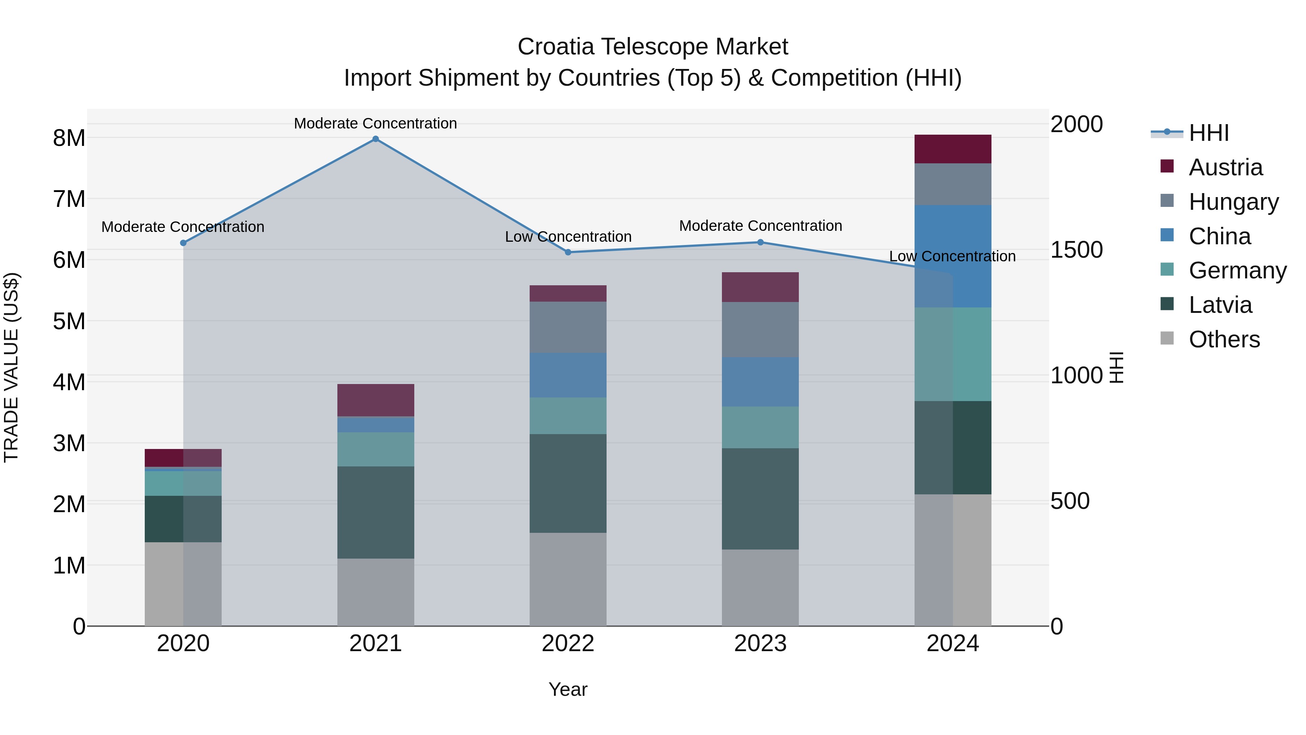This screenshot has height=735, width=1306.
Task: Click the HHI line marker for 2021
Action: [x=376, y=139]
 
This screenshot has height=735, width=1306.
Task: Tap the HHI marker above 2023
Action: [x=760, y=242]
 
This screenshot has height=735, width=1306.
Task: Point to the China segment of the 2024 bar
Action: [x=953, y=256]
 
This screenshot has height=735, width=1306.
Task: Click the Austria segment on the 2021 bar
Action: [x=376, y=400]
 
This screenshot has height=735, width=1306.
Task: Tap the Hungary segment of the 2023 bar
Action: [x=760, y=329]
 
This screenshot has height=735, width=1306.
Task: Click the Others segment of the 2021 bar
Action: [x=376, y=592]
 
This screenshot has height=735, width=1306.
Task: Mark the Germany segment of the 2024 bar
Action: [x=953, y=354]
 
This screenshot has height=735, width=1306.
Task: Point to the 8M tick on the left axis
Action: [x=69, y=138]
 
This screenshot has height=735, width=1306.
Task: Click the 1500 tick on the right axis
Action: [x=1076, y=250]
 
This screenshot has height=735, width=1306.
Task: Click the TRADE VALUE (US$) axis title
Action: [x=11, y=367]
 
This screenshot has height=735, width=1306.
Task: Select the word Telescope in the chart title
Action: [x=654, y=47]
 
